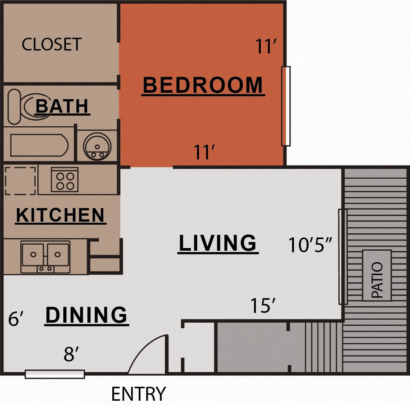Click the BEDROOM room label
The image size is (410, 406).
tap(203, 85)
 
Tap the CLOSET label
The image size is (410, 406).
tap(52, 44)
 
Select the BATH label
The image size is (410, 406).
tap(62, 106)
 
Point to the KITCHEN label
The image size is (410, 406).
tap(60, 215)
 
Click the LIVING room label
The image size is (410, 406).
tap(217, 243)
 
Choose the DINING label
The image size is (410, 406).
tap(86, 315)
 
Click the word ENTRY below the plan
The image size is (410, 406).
tap(139, 394)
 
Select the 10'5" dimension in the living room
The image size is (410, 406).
tap(310, 245)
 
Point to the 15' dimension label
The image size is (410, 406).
tap(263, 305)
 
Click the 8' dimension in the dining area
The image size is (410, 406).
tap(71, 354)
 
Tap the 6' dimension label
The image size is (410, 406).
tap(16, 319)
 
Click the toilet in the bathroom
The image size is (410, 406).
tap(29, 106)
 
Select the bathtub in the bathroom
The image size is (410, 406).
tap(39, 145)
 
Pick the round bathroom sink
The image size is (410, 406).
tap(97, 147)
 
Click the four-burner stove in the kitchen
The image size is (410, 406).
tap(64, 179)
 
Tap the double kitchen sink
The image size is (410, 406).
tap(46, 257)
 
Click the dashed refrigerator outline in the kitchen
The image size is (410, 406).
tap(20, 181)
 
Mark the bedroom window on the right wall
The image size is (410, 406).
tap(286, 106)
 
